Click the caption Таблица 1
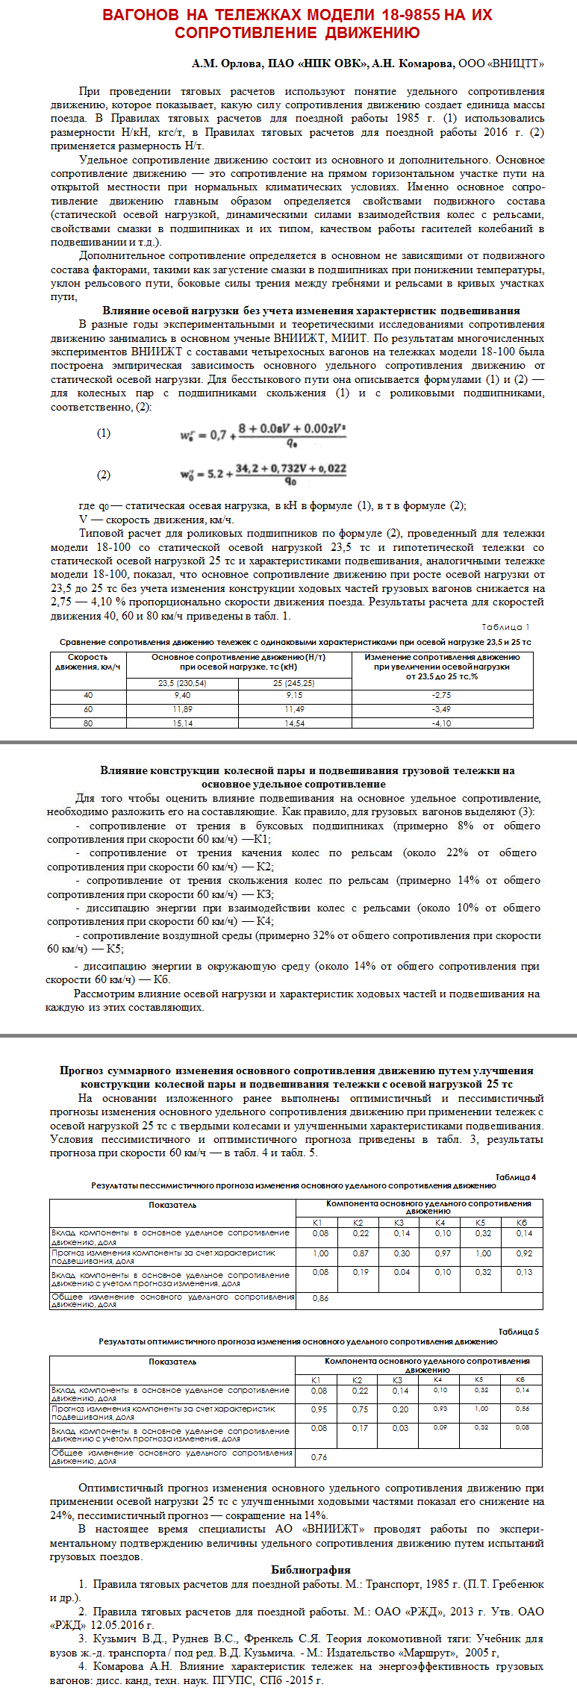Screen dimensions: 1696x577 coord(505,627)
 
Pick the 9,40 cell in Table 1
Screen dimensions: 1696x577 coord(182,695)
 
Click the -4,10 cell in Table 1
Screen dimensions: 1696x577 coord(442,723)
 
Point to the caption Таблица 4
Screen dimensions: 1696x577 coord(515,1177)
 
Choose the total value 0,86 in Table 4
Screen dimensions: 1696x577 coord(321,1298)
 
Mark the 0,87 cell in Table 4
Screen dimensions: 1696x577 coord(361,1253)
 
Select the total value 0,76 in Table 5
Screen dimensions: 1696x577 coord(319,1456)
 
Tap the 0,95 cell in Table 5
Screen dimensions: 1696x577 coord(319,1409)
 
